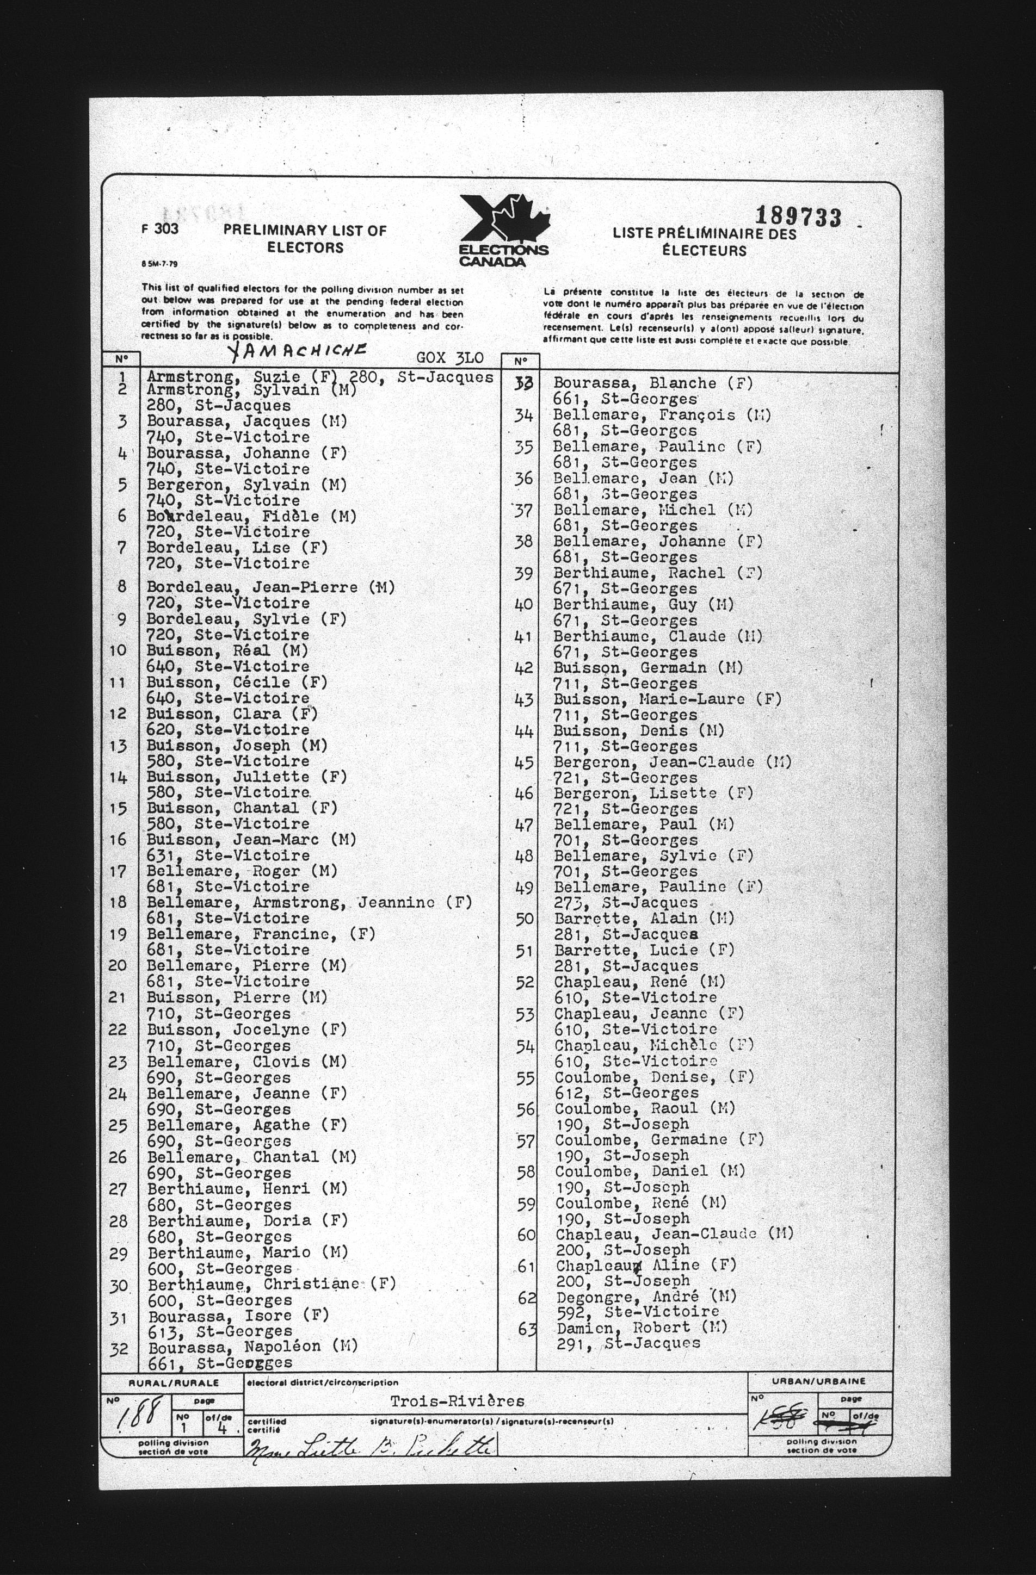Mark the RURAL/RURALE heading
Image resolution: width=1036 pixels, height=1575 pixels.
pos(174,1382)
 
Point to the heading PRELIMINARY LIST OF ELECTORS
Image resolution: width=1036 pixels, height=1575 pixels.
pos(305,239)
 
